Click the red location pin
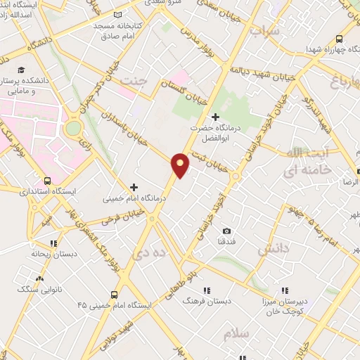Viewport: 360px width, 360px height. pyautogui.click(x=181, y=164)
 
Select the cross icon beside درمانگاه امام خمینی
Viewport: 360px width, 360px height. pyautogui.click(x=134, y=187)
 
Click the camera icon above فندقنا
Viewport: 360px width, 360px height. pyautogui.click(x=226, y=231)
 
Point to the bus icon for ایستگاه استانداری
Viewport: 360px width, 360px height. pyautogui.click(x=47, y=179)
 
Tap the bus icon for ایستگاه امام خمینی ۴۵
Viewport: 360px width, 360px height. pyautogui.click(x=113, y=295)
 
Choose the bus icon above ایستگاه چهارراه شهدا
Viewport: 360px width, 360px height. pyautogui.click(x=340, y=39)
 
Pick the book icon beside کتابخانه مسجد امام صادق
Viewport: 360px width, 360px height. pyautogui.click(x=117, y=14)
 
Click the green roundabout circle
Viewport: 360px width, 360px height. pyautogui.click(x=73, y=129)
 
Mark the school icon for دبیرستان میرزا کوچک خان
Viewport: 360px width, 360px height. pyautogui.click(x=285, y=289)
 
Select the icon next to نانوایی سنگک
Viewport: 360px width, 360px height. pyautogui.click(x=21, y=278)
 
